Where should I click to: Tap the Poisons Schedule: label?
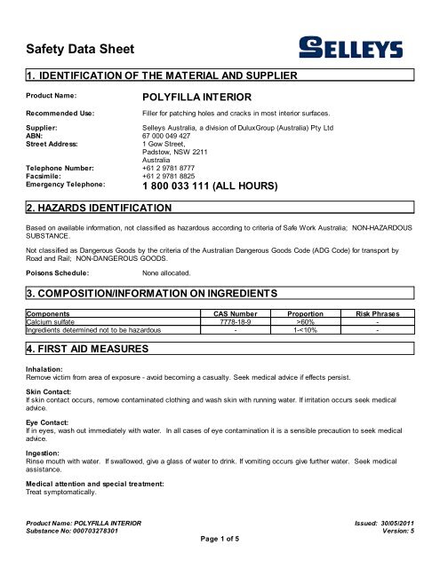[x=61, y=274]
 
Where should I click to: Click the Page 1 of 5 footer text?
[x=219, y=561]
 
